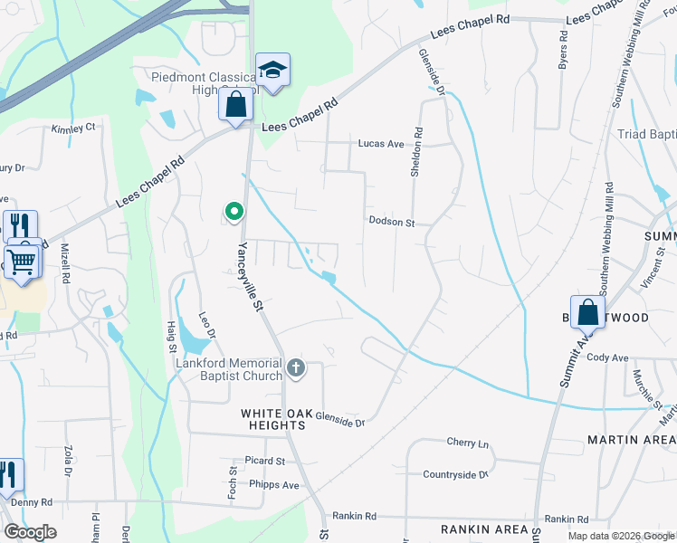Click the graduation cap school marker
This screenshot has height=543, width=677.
coord(272,69)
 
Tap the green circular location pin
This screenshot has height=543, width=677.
coord(234,213)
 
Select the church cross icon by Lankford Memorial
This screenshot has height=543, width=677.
coord(296,367)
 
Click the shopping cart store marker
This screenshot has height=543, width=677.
coord(22,262)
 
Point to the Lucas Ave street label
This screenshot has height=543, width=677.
coord(381,144)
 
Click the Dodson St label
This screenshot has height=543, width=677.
coord(391,222)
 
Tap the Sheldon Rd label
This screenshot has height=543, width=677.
coord(418,150)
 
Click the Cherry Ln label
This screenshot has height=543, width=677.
coord(467,443)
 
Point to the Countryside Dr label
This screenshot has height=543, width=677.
coord(455,474)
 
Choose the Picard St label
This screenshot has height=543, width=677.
coord(264,461)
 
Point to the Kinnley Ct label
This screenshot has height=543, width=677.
coord(73,129)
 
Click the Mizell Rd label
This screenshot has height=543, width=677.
coord(65,262)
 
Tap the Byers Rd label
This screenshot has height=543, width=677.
coord(563,51)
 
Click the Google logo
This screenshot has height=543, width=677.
coord(31,532)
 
